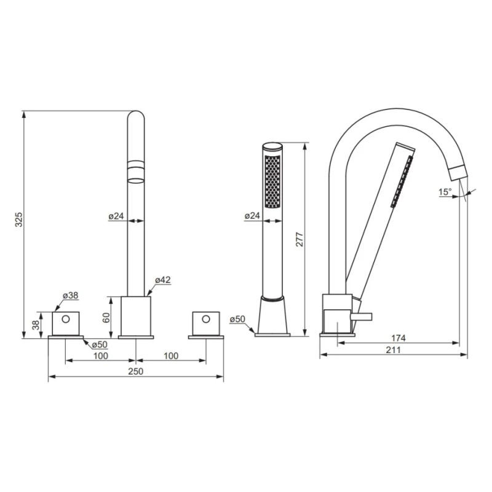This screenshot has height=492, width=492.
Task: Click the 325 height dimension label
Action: [x=19, y=220]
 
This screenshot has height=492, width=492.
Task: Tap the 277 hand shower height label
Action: [x=300, y=239]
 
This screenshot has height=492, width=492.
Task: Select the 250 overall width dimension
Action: [x=135, y=371]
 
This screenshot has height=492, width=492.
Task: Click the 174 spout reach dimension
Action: [x=399, y=338]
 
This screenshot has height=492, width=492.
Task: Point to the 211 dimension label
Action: [x=393, y=350]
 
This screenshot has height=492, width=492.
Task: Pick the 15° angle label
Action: [x=445, y=192]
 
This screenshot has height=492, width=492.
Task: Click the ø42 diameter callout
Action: [x=163, y=280]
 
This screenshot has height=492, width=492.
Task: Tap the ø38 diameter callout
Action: [x=71, y=295]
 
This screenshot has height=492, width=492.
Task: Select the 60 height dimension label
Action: [x=106, y=317]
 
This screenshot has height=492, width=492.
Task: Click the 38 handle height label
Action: [x=36, y=325]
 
